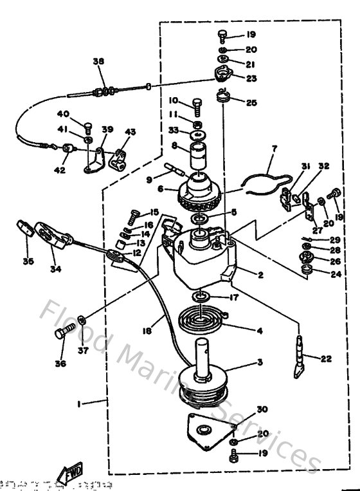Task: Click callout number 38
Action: (x=98, y=62)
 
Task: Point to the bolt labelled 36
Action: (x=61, y=335)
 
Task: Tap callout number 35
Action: (x=28, y=261)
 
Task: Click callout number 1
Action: (x=79, y=403)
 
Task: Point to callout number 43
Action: (x=130, y=132)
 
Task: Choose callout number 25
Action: (x=252, y=102)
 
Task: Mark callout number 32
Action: (x=324, y=165)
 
